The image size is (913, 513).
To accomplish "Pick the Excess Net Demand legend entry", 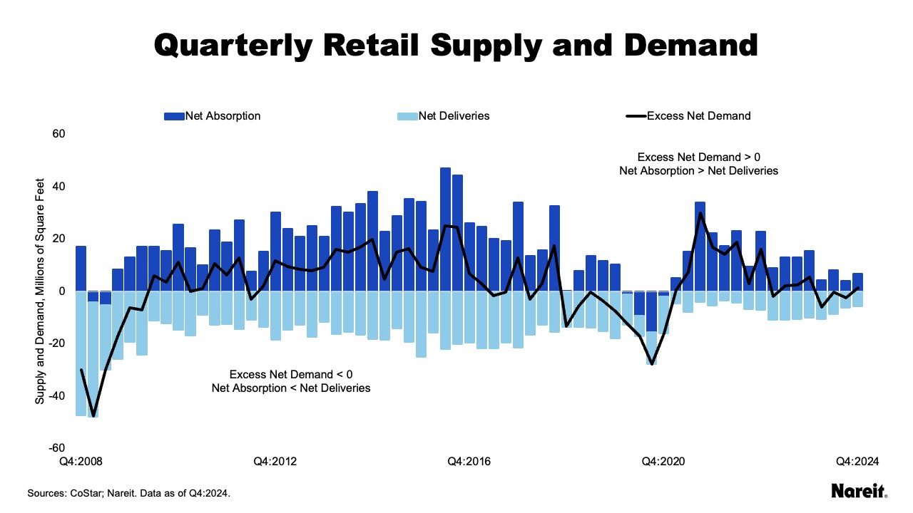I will click(x=688, y=115).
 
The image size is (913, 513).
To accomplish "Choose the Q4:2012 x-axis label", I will click(x=275, y=462).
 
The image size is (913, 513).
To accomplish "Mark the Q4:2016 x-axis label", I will click(x=469, y=462).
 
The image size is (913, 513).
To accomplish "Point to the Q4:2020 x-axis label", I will click(x=664, y=462).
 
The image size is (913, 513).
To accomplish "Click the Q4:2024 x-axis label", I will click(x=857, y=462).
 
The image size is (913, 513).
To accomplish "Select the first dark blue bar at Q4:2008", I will click(x=81, y=268).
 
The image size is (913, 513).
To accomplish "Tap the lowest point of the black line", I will click(x=93, y=415).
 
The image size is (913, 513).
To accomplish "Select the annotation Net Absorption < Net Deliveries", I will click(x=291, y=388).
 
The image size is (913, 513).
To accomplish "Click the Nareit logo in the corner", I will click(x=859, y=491).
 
